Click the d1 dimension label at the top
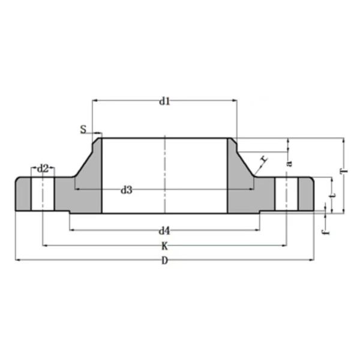pyautogui.click(x=164, y=101)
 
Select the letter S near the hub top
pyautogui.click(x=83, y=129)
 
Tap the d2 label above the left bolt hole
pyautogui.click(x=43, y=169)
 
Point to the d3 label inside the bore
pyautogui.click(x=126, y=190)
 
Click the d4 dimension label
pyautogui.click(x=164, y=230)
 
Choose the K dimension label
pyautogui.click(x=164, y=245)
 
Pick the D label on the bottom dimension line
pyautogui.click(x=164, y=260)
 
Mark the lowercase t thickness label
pyautogui.click(x=332, y=193)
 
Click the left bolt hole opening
pyautogui.click(x=43, y=194)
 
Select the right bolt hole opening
pyautogui.click(x=286, y=194)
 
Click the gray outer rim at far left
pyautogui.click(x=23, y=194)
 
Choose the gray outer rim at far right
pyautogui.click(x=306, y=194)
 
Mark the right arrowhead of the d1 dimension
pyautogui.click(x=235, y=101)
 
